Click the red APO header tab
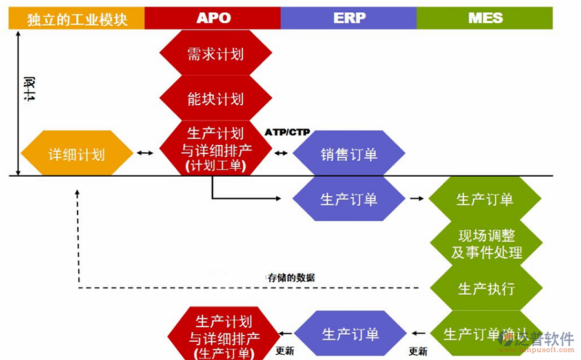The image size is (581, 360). coord(212,18)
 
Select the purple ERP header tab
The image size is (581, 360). coord(349,18)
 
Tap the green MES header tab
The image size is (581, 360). coord(484,18)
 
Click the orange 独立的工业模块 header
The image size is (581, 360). coord(77,19)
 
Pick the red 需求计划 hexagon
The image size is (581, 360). coord(216,54)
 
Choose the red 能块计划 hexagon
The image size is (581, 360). coord(216,99)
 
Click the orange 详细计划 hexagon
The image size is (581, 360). coord(77,154)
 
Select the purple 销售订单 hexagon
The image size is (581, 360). coord(349,154)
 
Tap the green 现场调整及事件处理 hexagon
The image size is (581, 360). coord(485,244)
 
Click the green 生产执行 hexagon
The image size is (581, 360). coord(485,288)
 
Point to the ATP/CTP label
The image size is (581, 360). coord(287,132)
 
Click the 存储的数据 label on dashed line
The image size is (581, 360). coord(291,277)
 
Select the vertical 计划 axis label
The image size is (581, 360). coord(30,88)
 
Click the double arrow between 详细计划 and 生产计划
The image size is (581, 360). coord(146,154)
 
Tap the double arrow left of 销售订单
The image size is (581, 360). coord(281,154)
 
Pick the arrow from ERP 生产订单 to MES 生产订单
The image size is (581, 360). coord(416,199)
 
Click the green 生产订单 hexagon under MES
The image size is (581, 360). coord(485,199)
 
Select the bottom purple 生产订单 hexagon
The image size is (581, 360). coord(350,334)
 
